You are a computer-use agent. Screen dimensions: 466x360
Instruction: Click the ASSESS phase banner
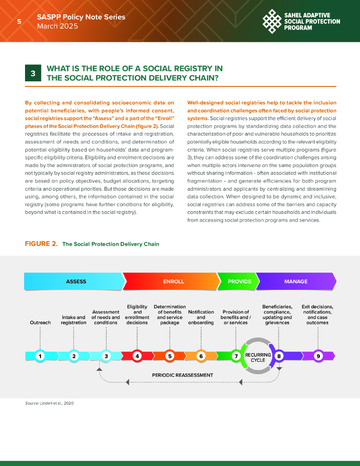(x=76, y=281)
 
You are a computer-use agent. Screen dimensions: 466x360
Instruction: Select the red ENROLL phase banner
(x=173, y=281)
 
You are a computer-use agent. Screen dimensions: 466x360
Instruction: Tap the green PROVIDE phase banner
(x=239, y=281)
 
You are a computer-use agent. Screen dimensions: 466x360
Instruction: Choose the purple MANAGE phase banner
(x=296, y=281)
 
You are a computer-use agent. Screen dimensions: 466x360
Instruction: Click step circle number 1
(x=41, y=356)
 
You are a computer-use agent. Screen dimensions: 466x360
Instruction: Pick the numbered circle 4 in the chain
(x=137, y=356)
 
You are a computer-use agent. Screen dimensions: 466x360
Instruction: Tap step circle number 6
(x=201, y=356)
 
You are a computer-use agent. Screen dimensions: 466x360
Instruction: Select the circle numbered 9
(x=318, y=356)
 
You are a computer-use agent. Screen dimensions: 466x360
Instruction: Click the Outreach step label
(x=41, y=323)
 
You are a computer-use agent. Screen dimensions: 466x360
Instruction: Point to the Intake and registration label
(x=74, y=320)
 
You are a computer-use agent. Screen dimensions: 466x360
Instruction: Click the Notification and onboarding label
(x=201, y=317)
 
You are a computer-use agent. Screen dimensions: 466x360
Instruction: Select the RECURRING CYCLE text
(x=258, y=357)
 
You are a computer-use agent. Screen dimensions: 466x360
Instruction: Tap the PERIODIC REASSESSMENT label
(x=183, y=375)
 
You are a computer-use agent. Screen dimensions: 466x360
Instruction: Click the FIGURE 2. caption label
(x=41, y=244)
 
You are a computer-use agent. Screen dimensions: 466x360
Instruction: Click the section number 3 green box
(x=33, y=73)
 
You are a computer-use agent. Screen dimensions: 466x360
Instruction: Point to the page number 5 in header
(x=19, y=21)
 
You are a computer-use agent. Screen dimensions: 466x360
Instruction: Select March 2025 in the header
(x=57, y=26)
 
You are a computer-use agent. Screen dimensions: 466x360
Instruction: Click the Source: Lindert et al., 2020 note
(x=49, y=404)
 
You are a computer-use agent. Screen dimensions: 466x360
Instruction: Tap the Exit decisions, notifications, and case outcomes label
(x=318, y=314)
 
